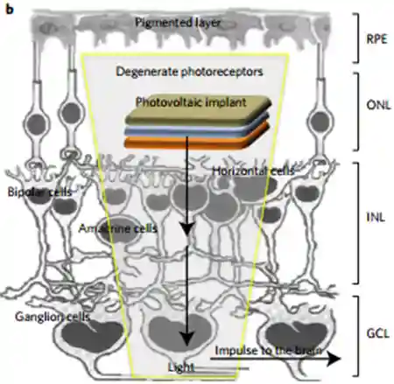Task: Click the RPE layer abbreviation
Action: tap(376, 38)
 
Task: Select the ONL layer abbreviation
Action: tap(378, 105)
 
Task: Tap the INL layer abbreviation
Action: tap(376, 218)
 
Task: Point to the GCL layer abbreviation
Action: tap(378, 333)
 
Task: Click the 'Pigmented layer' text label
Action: tap(178, 23)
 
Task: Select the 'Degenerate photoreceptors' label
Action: tap(189, 72)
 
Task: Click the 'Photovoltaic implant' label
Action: tap(191, 102)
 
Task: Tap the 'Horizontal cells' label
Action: tap(253, 171)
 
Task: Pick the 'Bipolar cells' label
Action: tap(39, 192)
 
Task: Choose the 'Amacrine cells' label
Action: tap(118, 228)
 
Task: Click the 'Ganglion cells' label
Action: tap(53, 317)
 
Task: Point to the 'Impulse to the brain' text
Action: tap(269, 350)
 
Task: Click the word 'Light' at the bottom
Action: tap(181, 367)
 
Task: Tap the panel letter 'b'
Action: tap(10, 10)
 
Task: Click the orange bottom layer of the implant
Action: tap(195, 142)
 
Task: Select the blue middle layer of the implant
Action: tap(195, 132)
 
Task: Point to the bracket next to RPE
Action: tap(355, 38)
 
